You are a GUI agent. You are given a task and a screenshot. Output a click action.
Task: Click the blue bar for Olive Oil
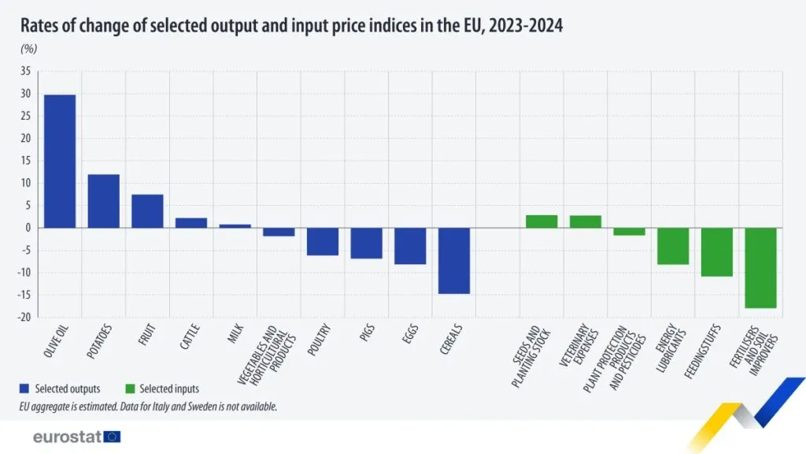click(60, 161)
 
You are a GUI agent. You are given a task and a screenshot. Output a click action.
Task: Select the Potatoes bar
click(103, 201)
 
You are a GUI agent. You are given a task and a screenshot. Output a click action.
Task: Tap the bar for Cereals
click(454, 261)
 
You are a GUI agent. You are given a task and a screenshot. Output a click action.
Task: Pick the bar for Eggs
click(410, 246)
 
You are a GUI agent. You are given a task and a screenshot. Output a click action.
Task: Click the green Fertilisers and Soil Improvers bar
click(761, 268)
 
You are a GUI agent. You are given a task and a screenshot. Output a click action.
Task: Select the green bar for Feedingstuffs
click(717, 252)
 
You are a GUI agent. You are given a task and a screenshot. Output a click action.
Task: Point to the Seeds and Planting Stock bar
click(542, 221)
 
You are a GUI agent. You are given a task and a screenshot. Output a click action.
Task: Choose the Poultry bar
click(323, 242)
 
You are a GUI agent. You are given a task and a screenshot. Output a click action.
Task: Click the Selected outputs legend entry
click(60, 389)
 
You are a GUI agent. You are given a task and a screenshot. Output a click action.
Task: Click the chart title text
click(291, 26)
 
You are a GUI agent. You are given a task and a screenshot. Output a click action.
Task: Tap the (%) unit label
click(28, 49)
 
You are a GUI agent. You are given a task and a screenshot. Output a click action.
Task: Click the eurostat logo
click(76, 437)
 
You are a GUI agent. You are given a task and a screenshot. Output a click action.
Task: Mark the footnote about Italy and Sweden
click(148, 407)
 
